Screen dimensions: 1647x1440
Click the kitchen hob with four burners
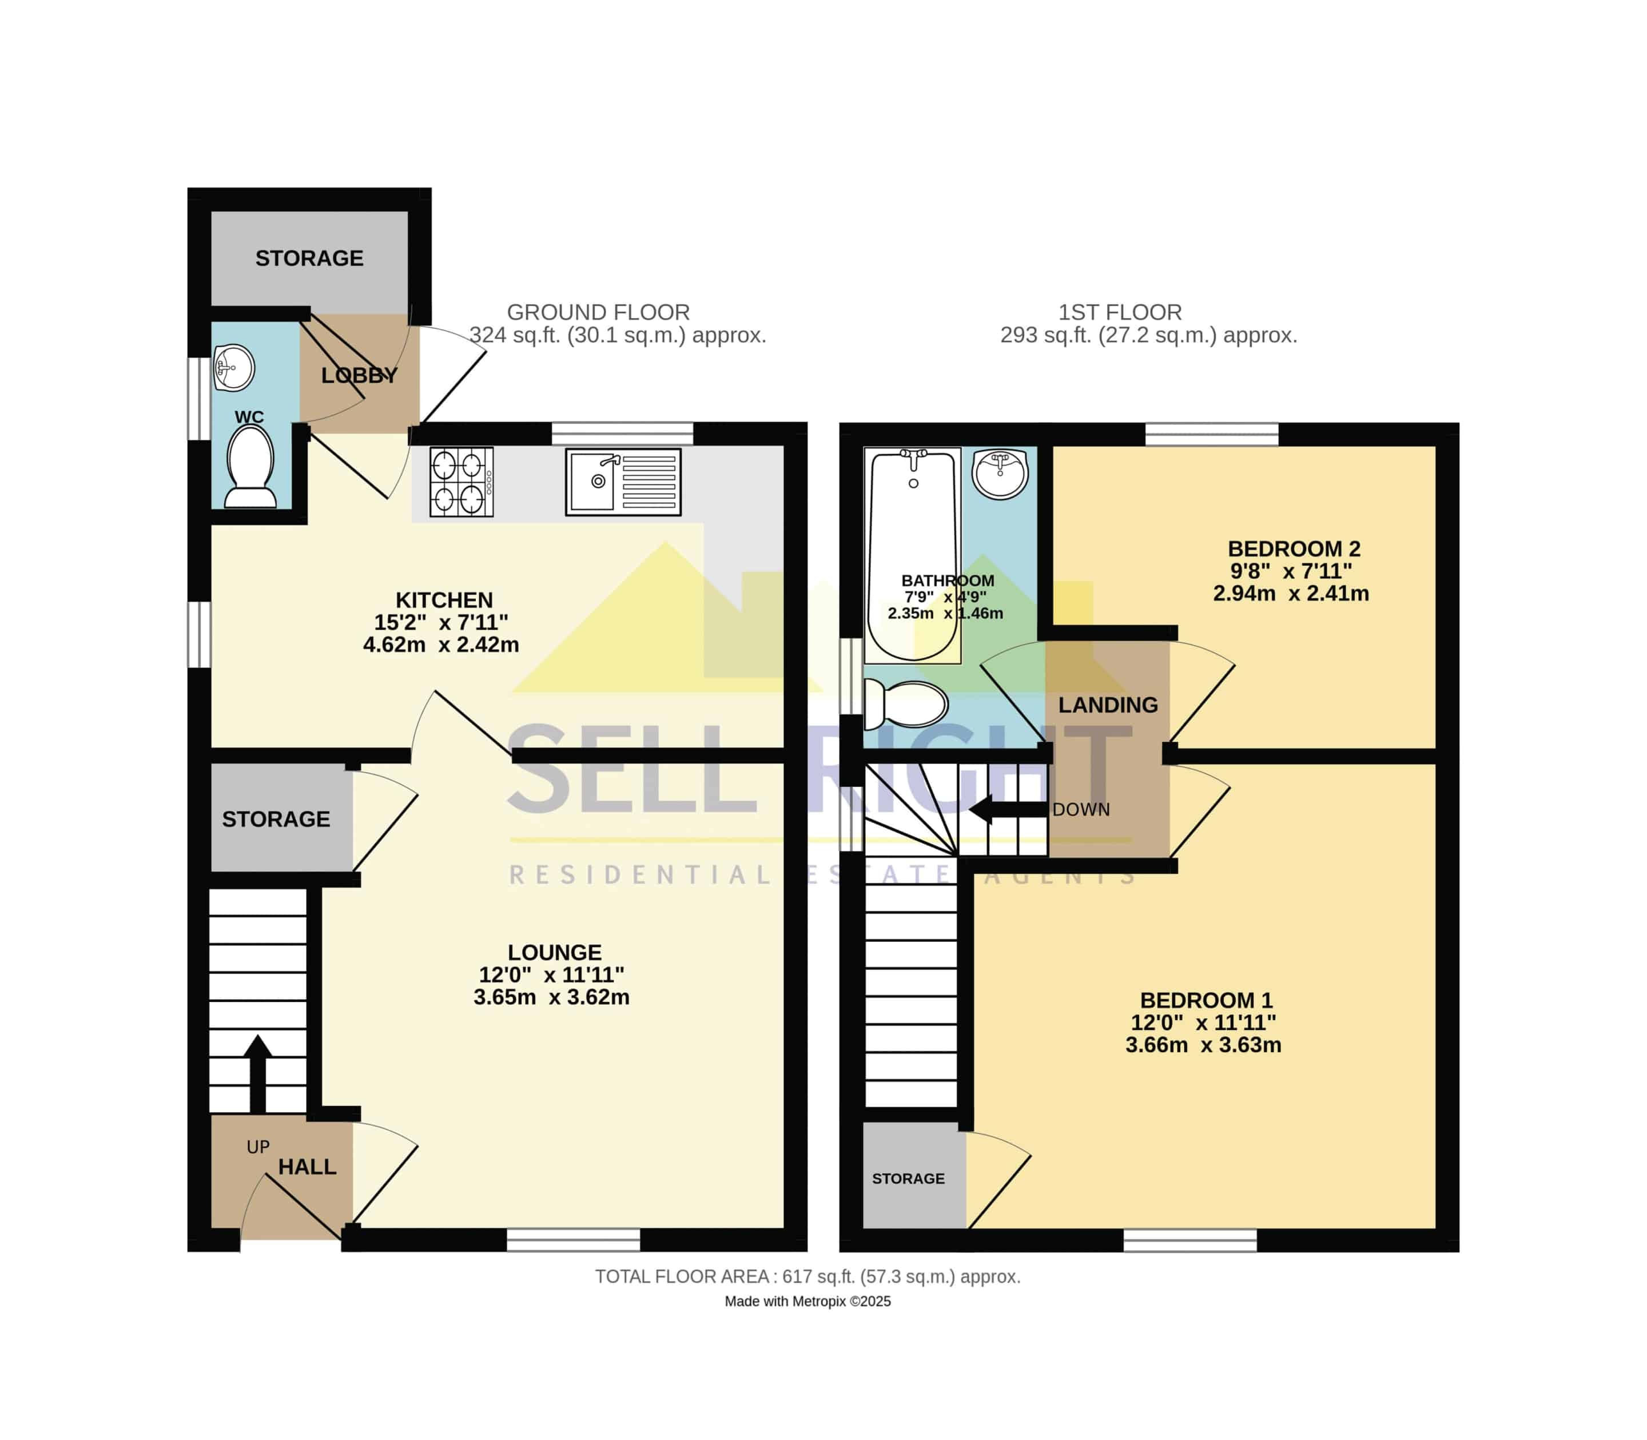461,482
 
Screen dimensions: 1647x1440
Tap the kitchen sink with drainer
623,482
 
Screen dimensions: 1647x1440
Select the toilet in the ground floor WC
250,466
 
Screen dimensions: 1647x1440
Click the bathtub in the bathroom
913,555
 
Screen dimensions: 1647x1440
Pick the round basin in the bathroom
1000,474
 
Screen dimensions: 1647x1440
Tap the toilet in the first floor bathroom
905,704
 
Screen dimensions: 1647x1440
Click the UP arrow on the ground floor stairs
258,1073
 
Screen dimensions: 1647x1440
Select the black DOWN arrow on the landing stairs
1008,809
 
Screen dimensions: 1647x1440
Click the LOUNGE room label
554,952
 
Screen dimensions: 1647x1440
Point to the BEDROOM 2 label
1294,549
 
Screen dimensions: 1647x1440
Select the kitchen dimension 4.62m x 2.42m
441,645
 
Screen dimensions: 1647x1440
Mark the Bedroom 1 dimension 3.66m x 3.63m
1203,1045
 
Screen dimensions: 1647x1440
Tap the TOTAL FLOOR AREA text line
807,1277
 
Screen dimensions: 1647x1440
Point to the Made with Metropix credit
807,1302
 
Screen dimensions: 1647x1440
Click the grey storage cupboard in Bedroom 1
914,1176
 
